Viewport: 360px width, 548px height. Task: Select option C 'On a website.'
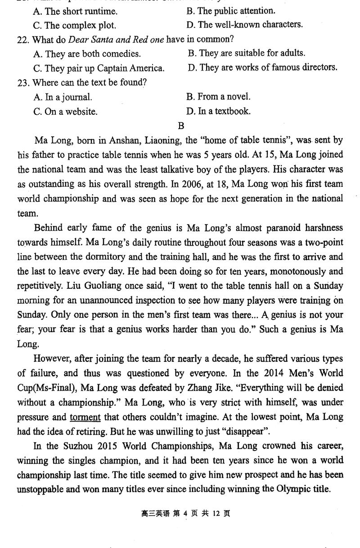(65, 112)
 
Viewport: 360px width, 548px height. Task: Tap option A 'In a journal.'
(63, 97)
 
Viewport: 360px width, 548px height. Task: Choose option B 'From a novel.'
(218, 97)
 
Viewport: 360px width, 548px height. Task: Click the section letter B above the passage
(181, 126)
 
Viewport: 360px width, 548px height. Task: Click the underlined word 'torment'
(85, 417)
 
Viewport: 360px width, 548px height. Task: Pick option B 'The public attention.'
(230, 11)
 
